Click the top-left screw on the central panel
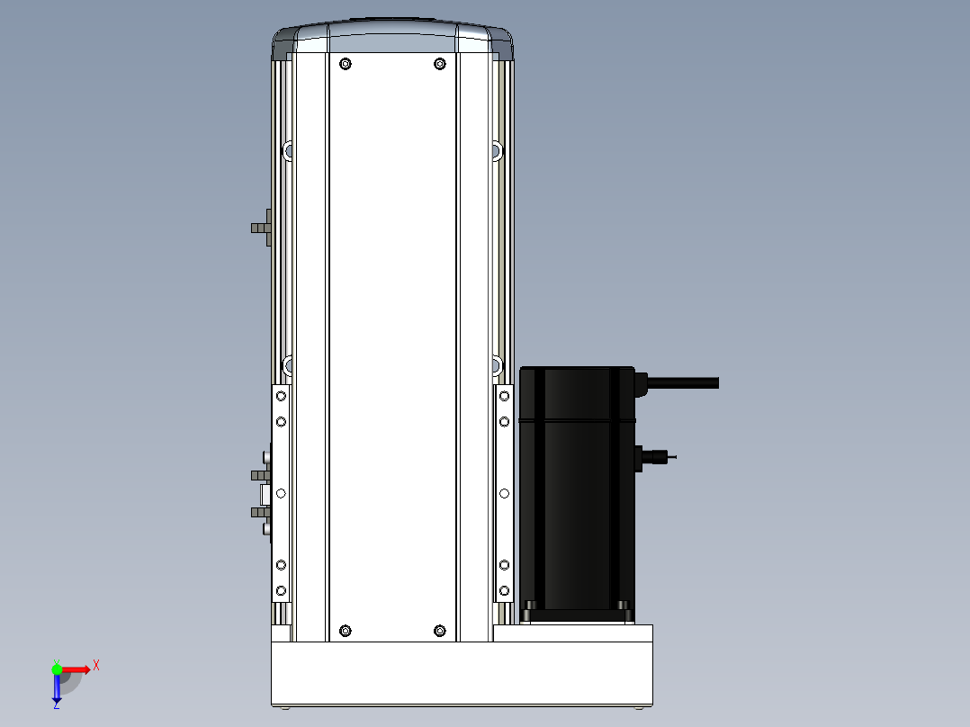[x=346, y=64]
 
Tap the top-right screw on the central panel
[x=440, y=64]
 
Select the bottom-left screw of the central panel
[x=346, y=631]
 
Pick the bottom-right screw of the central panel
[x=440, y=631]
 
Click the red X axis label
[x=96, y=666]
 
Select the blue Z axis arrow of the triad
[x=57, y=688]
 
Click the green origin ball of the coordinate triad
[x=57, y=669]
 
